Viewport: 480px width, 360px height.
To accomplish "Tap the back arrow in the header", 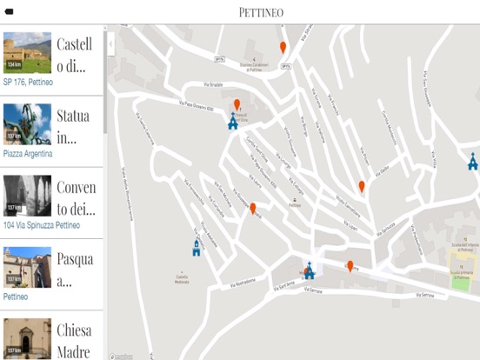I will tap(10, 12).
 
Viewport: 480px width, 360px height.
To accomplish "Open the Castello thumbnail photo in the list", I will tap(27, 53).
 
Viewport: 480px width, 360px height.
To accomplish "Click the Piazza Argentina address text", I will tap(28, 154).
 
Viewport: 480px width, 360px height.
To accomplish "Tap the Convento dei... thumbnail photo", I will tap(27, 197).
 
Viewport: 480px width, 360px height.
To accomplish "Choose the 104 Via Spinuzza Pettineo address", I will tap(42, 225).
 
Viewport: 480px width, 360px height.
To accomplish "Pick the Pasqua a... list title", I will tap(76, 269).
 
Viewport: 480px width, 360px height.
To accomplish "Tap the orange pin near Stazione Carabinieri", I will tap(283, 47).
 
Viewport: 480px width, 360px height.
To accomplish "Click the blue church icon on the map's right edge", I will tap(472, 162).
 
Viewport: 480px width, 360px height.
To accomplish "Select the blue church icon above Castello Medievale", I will tap(197, 248).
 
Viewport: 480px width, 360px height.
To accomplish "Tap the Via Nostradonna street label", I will tap(238, 282).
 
